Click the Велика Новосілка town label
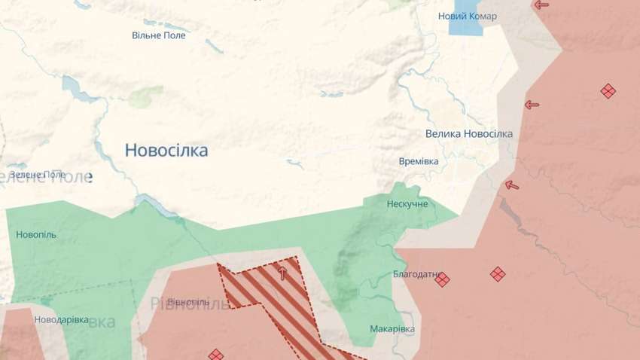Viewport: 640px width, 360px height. pyautogui.click(x=468, y=133)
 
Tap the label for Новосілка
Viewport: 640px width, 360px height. pyautogui.click(x=166, y=151)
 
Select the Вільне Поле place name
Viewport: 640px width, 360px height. pyautogui.click(x=158, y=35)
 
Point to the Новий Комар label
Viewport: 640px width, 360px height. pyautogui.click(x=468, y=16)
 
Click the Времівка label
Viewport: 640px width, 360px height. pyautogui.click(x=419, y=161)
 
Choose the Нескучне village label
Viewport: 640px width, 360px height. pyautogui.click(x=407, y=204)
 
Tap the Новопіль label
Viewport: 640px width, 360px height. pyautogui.click(x=36, y=234)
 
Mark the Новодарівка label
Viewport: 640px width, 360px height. pyautogui.click(x=62, y=320)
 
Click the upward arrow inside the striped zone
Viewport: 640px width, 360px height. pyautogui.click(x=282, y=272)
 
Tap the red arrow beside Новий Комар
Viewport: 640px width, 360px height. pyautogui.click(x=541, y=5)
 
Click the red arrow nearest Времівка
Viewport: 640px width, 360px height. pyautogui.click(x=512, y=185)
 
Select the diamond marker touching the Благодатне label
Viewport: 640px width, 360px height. pyautogui.click(x=442, y=279)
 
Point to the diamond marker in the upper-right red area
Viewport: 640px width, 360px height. pyautogui.click(x=608, y=91)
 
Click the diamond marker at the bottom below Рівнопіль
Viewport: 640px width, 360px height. pyautogui.click(x=216, y=354)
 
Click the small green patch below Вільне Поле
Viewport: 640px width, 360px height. pyautogui.click(x=145, y=96)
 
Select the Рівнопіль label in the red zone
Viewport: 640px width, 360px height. pyautogui.click(x=188, y=304)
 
